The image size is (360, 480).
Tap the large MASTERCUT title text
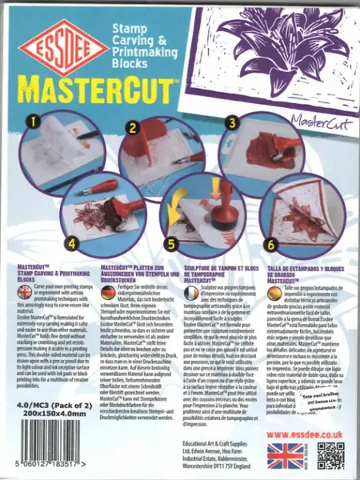click(x=104, y=85)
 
